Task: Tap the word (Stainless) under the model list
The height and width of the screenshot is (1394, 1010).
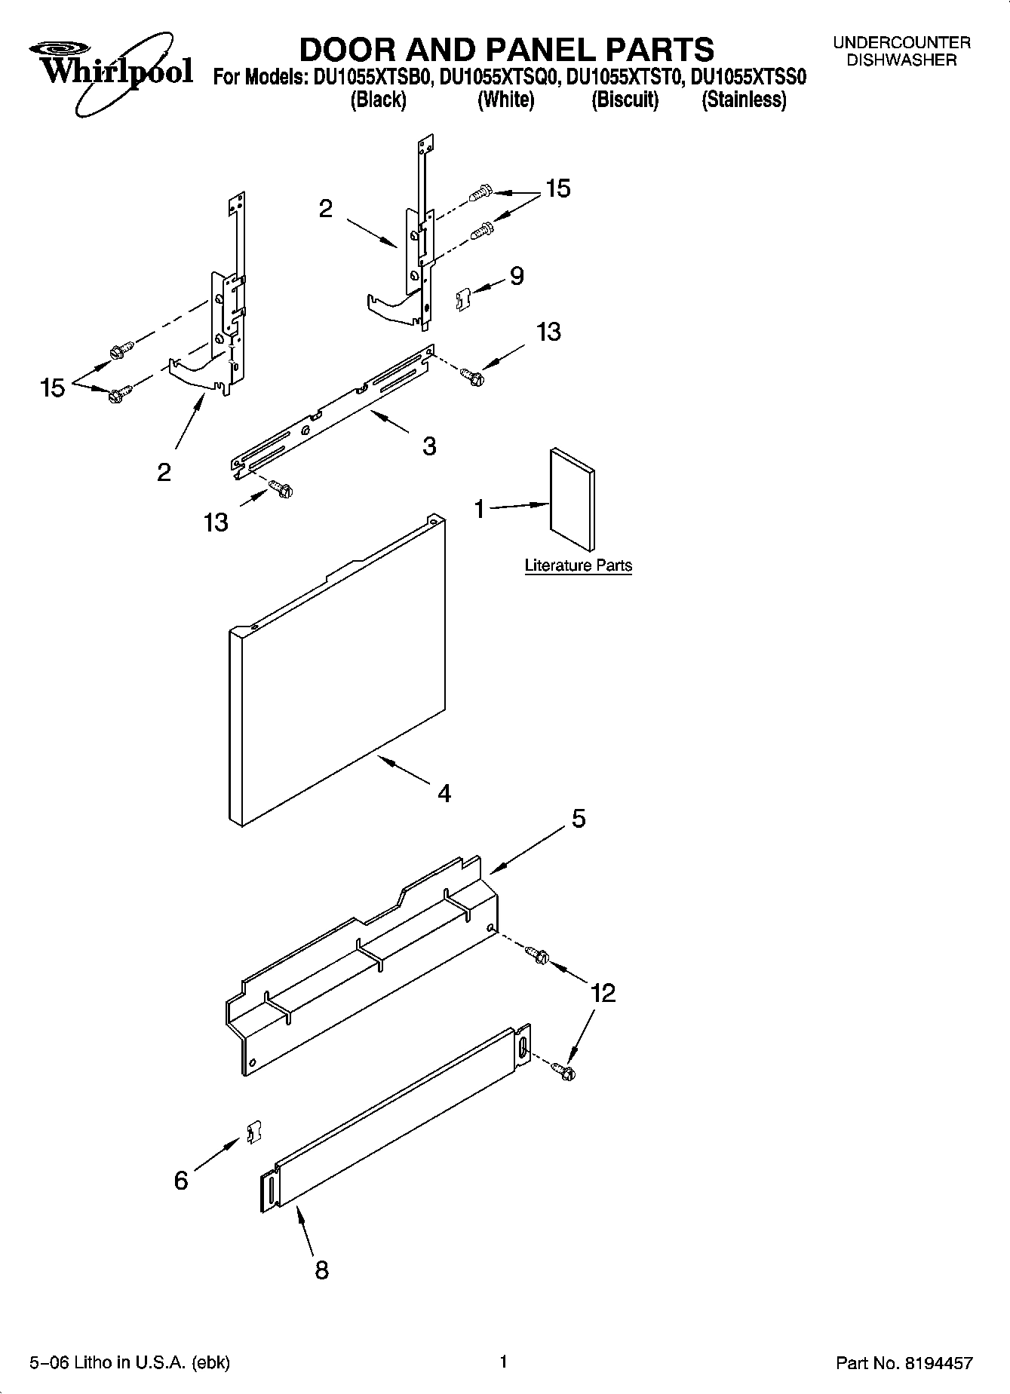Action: (x=744, y=100)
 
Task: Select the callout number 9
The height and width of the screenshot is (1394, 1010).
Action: (x=517, y=276)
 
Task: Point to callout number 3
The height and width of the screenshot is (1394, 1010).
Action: (x=429, y=446)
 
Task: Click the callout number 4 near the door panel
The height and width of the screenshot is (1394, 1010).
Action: (x=444, y=793)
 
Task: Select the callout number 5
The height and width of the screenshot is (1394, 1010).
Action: (x=579, y=818)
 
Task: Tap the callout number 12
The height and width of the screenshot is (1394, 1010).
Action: (x=603, y=993)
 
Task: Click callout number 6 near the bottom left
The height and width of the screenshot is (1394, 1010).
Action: (x=181, y=1181)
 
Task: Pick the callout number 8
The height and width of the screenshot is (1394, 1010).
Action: (x=321, y=1270)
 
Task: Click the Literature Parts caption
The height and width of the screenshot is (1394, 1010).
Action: (x=578, y=565)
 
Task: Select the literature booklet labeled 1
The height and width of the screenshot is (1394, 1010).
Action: (x=572, y=499)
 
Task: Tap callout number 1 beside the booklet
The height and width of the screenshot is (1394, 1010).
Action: (x=480, y=510)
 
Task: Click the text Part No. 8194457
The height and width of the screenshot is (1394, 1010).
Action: (x=904, y=1363)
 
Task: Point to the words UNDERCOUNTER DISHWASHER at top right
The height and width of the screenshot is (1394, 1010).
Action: (x=901, y=52)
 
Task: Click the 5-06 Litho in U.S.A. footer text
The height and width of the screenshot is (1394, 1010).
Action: (x=130, y=1362)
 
